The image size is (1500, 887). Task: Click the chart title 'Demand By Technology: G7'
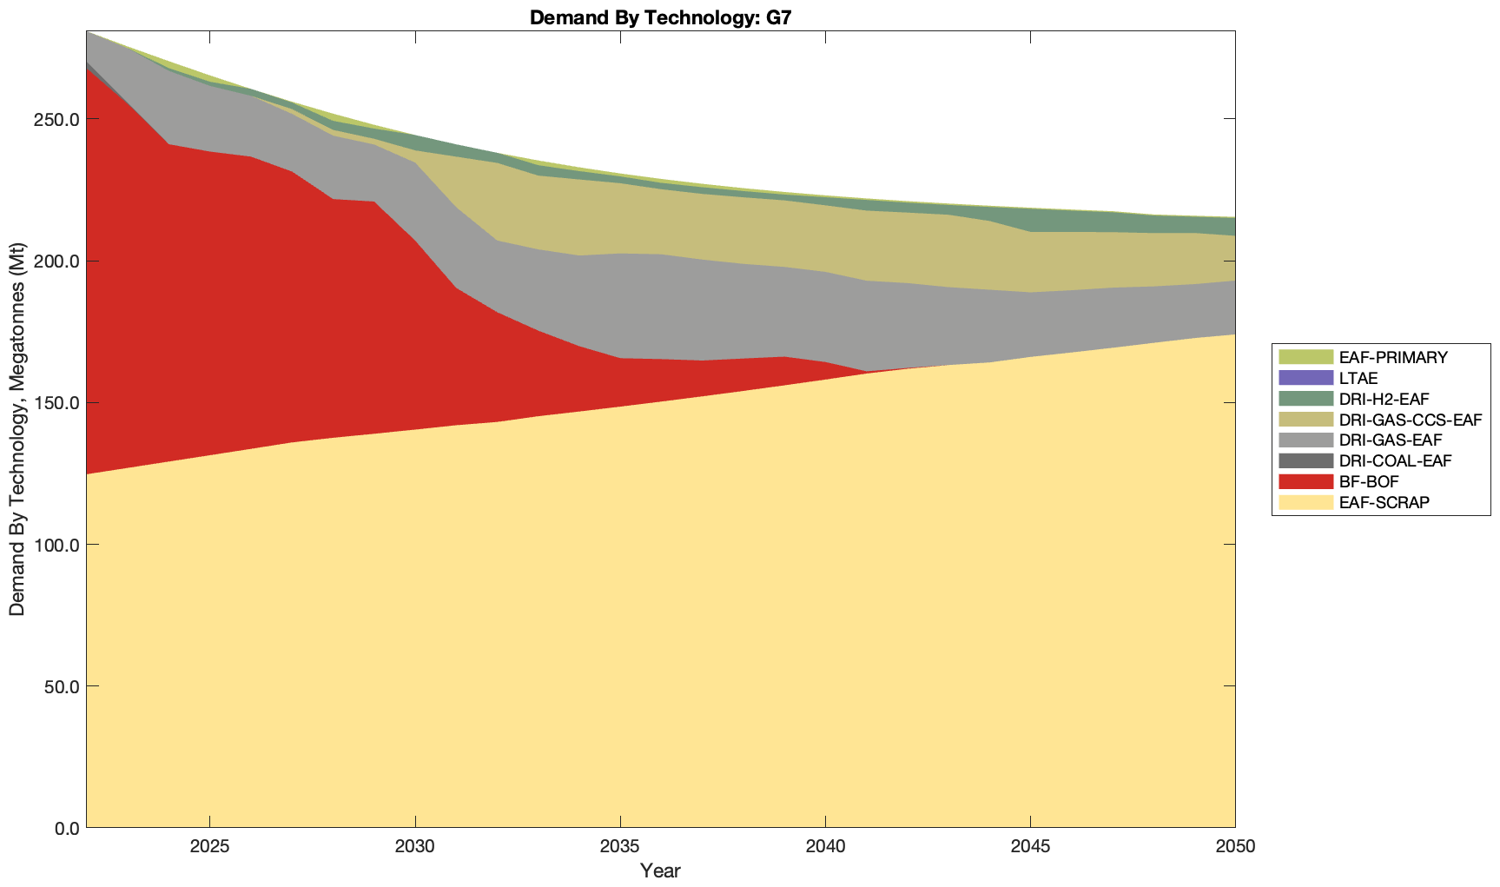(660, 17)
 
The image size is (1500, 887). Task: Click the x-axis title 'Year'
(660, 870)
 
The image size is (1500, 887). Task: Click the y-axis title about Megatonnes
(17, 429)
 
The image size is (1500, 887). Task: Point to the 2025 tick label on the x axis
(209, 847)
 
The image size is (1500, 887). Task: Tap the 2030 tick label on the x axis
(415, 847)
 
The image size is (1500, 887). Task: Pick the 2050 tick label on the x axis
(1234, 847)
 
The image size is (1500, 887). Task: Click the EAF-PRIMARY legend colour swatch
(1305, 357)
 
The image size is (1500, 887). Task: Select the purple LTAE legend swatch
(1305, 378)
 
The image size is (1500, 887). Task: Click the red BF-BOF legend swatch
(1305, 482)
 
